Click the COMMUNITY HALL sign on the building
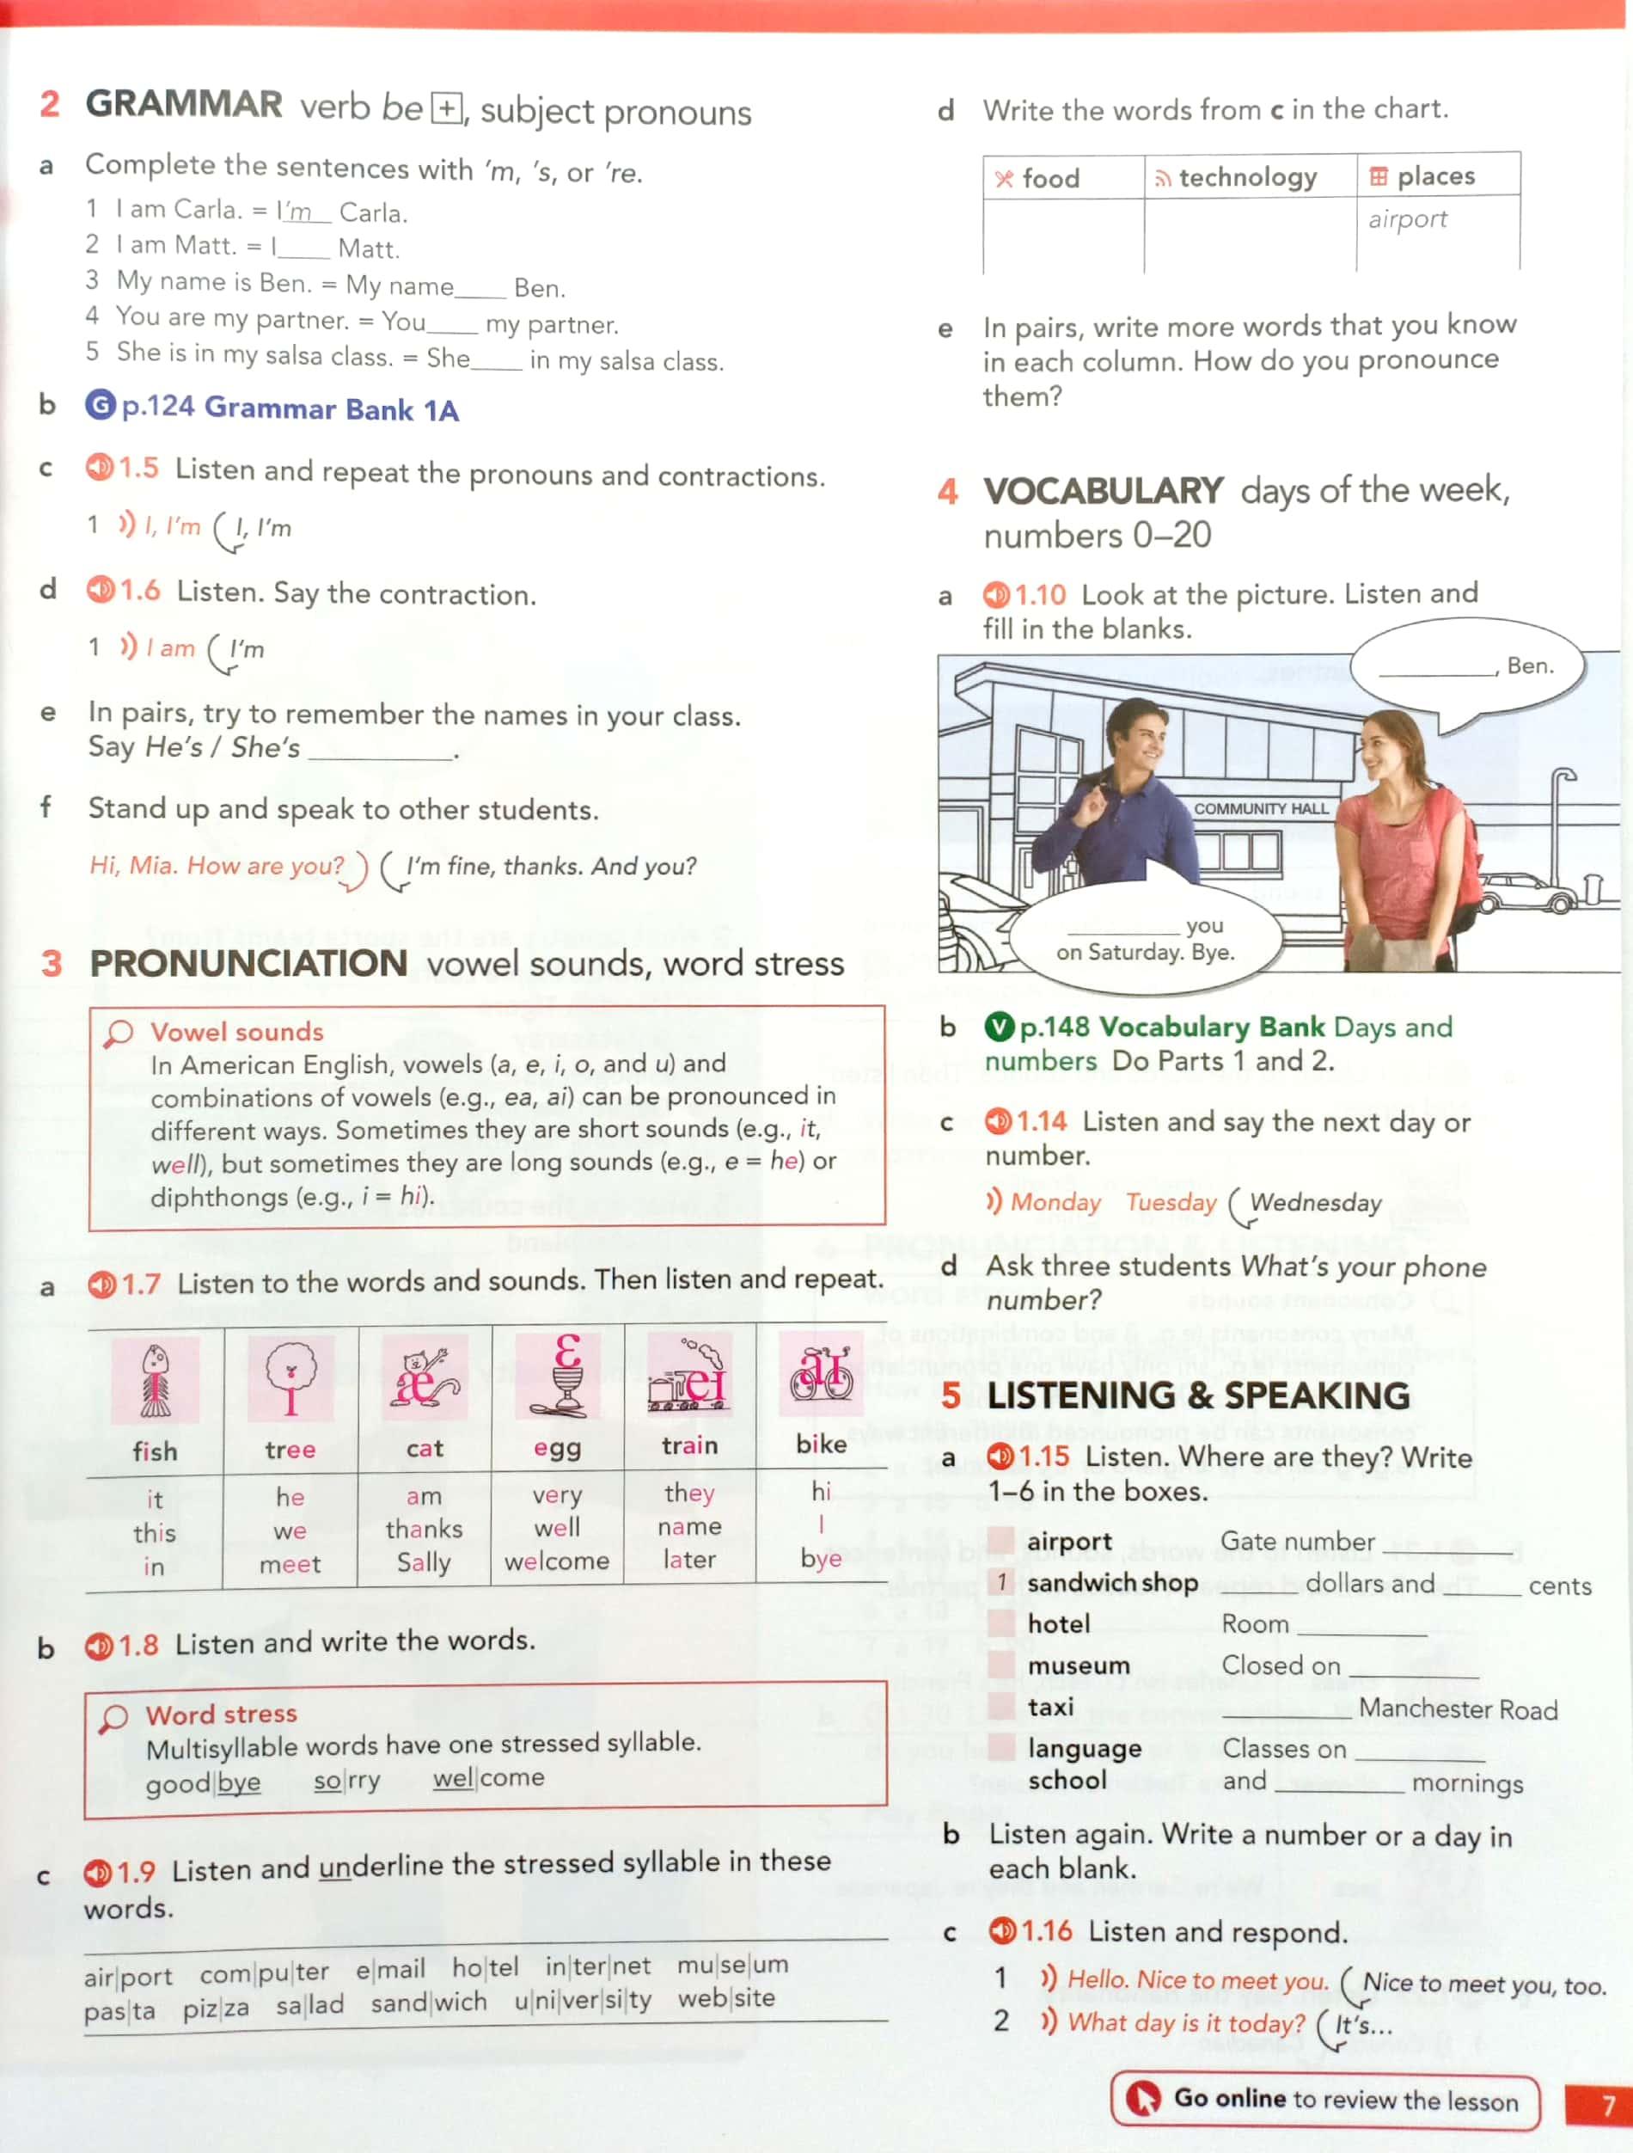(1260, 809)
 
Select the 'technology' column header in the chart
(1235, 177)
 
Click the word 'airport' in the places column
(1407, 220)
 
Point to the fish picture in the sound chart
(156, 1379)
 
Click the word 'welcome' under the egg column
(557, 1561)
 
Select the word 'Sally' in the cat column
(424, 1563)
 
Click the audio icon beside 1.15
(1000, 1456)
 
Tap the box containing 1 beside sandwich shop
(1000, 1583)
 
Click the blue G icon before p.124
(101, 404)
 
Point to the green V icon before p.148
(1000, 1027)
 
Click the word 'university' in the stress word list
(582, 2001)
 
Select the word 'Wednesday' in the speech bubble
(1316, 1203)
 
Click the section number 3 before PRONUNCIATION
(52, 964)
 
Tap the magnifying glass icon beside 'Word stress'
(113, 1718)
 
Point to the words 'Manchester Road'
(1458, 1709)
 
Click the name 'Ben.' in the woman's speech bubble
(1530, 666)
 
